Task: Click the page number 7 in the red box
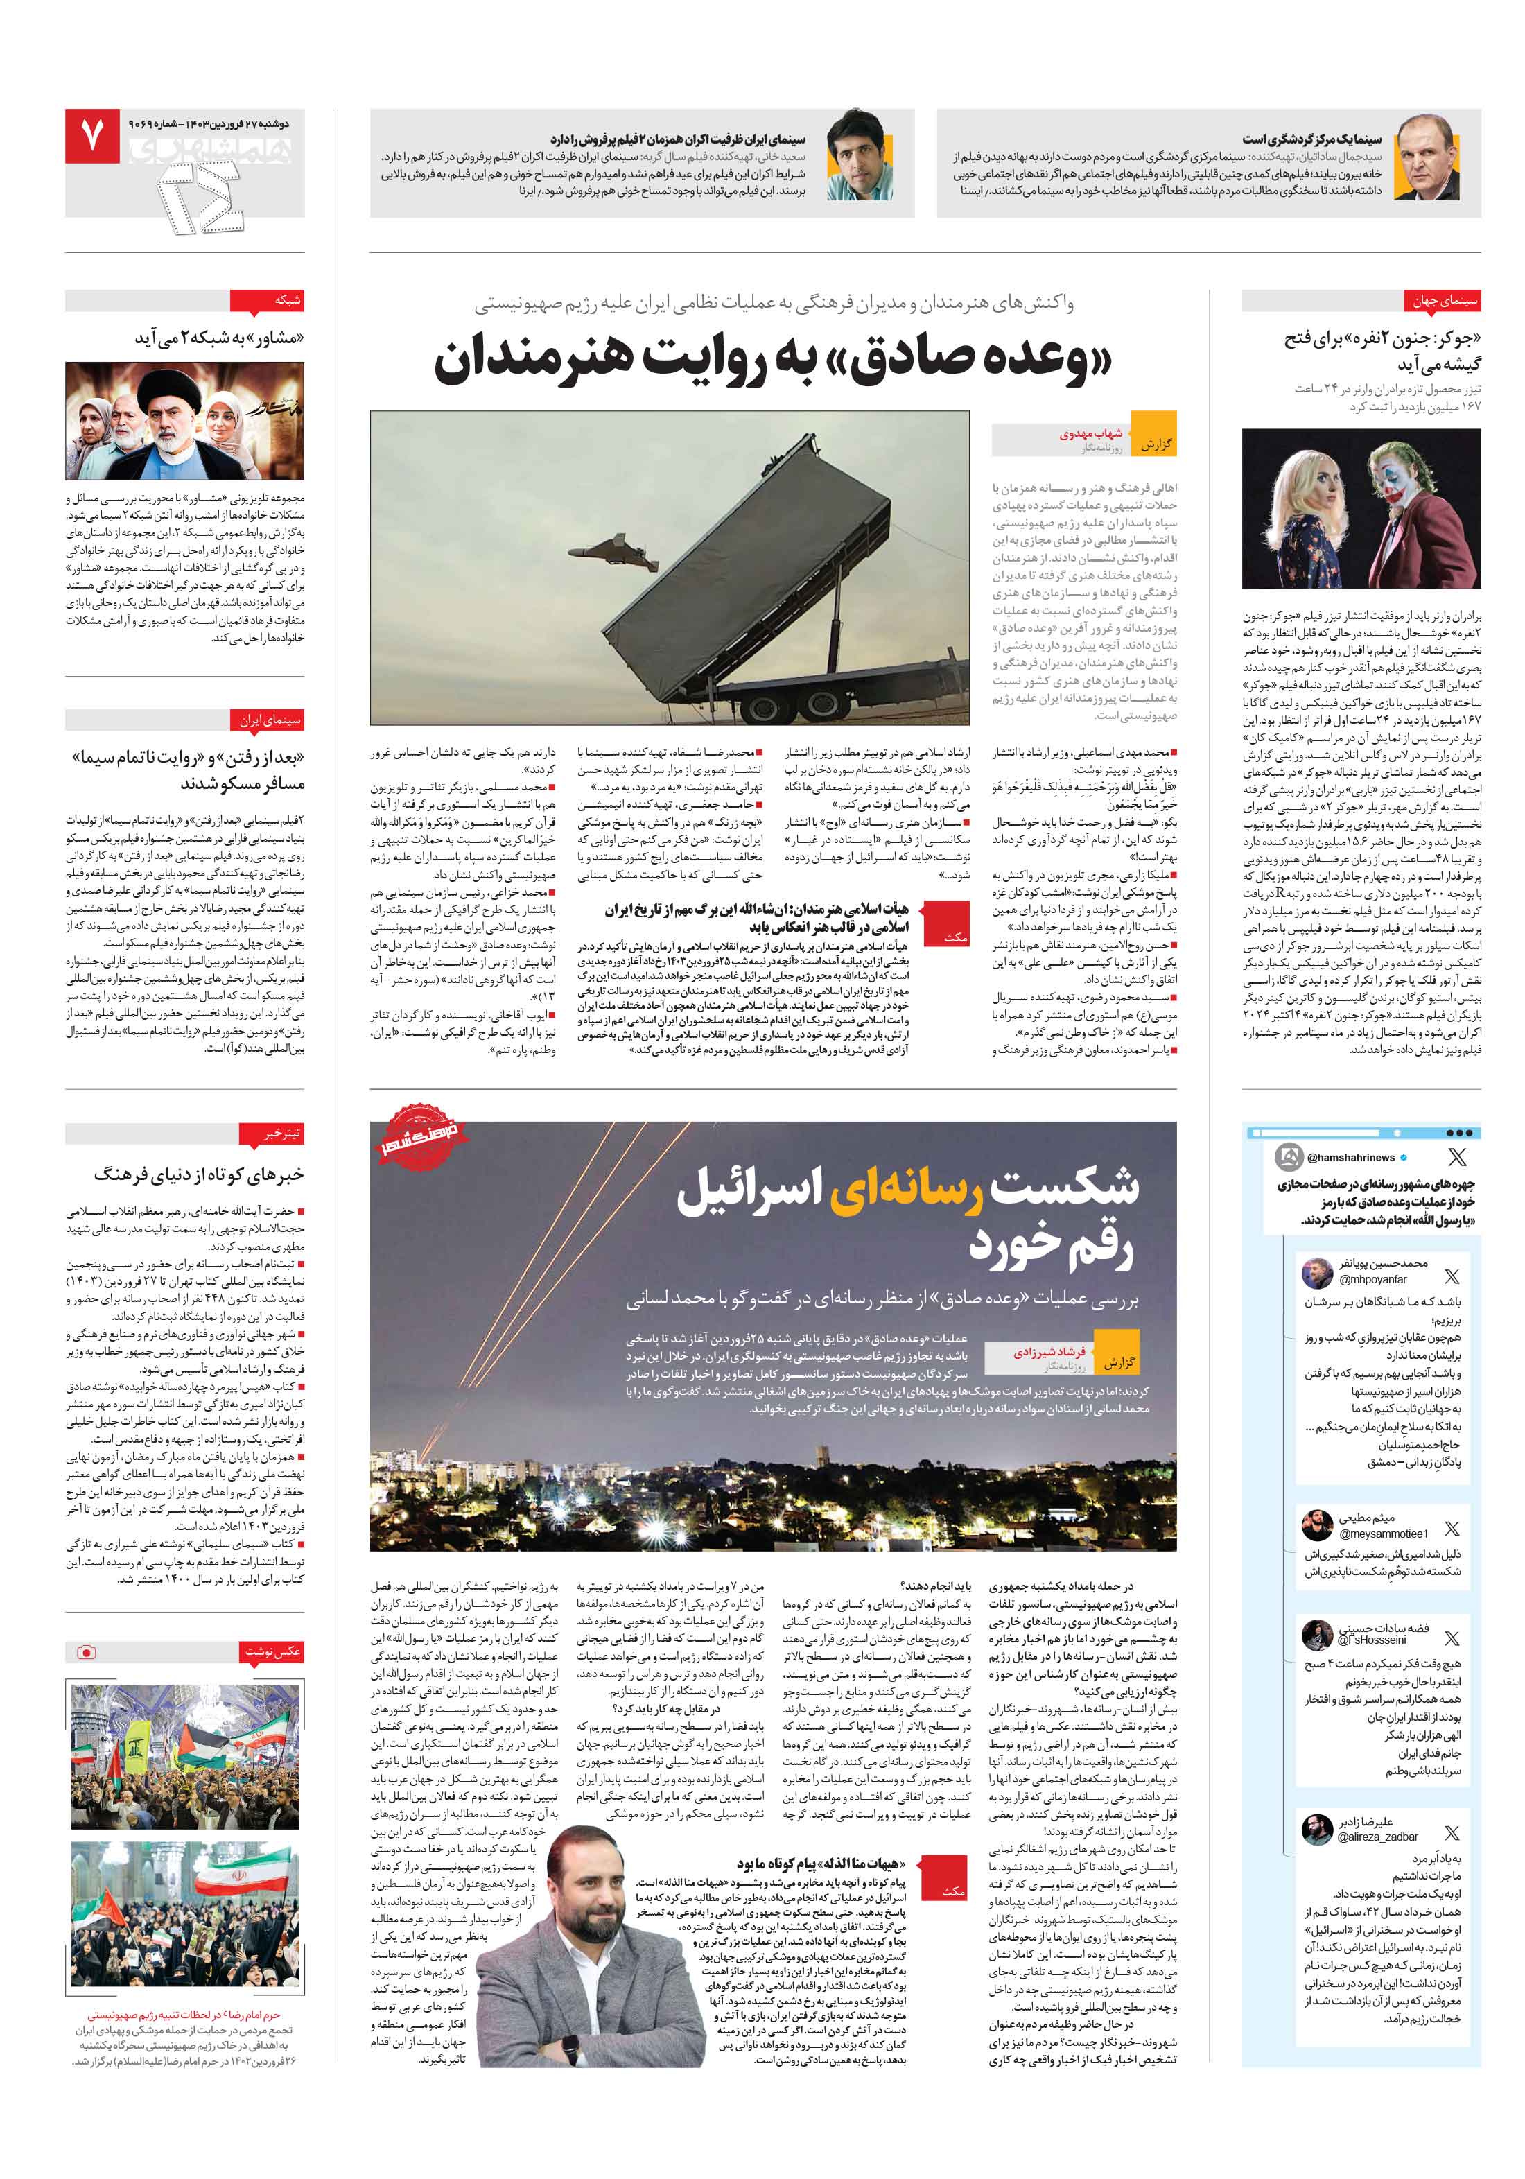92,137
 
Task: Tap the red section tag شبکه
288,301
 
